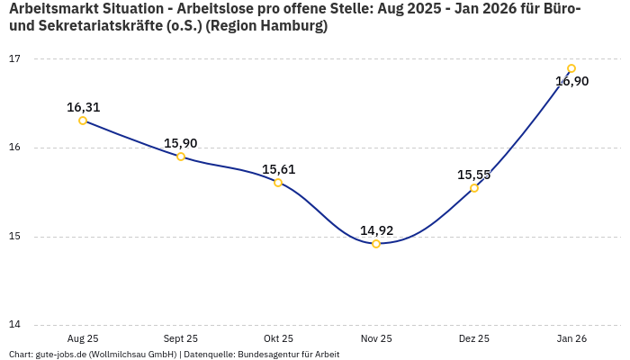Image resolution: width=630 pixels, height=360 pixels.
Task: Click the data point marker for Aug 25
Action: [83, 121]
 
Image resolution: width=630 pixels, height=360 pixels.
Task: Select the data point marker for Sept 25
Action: [181, 157]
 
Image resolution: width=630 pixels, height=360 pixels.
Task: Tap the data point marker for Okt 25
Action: [278, 183]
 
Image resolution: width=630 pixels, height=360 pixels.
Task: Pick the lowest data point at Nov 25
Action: [376, 244]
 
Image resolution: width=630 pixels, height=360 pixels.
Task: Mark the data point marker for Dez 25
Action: [474, 188]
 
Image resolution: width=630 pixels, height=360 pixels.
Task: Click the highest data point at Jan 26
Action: [571, 68]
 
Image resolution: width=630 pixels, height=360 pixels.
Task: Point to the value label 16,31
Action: [83, 107]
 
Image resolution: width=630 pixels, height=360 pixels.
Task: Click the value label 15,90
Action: [181, 143]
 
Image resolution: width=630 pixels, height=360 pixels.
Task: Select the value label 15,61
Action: [278, 169]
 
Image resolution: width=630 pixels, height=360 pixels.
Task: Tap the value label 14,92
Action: [376, 230]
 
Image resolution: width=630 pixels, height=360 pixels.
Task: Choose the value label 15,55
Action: [474, 175]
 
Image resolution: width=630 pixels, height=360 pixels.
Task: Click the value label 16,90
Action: [571, 82]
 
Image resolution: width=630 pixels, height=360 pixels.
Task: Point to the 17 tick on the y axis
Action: [14, 58]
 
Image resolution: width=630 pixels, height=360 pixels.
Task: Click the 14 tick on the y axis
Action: [14, 325]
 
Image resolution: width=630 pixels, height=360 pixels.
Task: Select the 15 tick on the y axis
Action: [14, 237]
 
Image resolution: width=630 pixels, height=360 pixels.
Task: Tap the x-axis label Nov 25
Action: [376, 338]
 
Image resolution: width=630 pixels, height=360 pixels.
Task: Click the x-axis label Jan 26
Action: [571, 338]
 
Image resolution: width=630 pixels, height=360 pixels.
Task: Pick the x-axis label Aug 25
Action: [83, 338]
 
